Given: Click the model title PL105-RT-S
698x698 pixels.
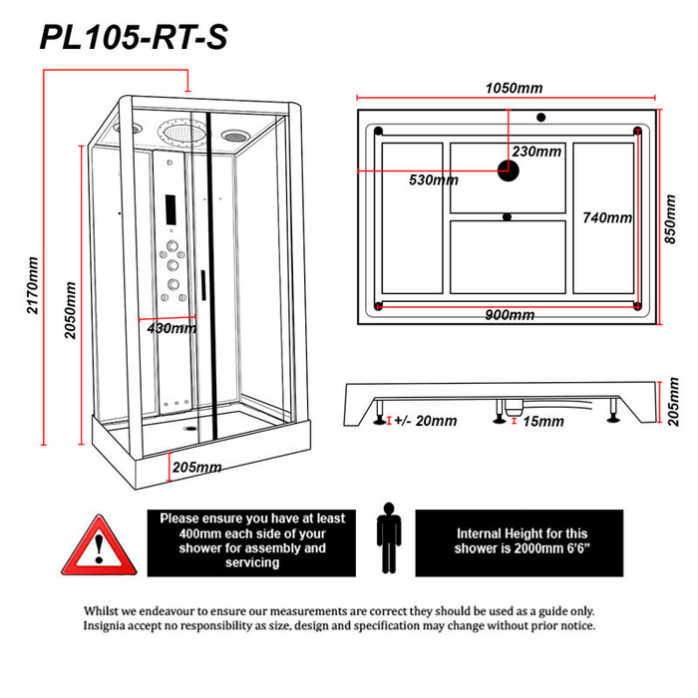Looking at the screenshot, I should (x=133, y=37).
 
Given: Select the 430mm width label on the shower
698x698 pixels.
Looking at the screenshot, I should (x=171, y=328).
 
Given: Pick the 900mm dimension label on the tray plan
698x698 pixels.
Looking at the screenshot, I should (x=510, y=315).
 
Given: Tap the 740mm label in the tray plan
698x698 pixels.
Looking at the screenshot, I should (x=607, y=218).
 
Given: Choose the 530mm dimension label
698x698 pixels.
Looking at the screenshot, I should (x=434, y=180).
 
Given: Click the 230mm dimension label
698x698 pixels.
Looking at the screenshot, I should (x=536, y=152).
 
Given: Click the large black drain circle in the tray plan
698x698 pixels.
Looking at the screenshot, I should (x=510, y=170).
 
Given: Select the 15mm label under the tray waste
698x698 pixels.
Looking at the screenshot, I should (x=542, y=422).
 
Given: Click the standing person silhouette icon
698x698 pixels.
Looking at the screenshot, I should (x=387, y=540).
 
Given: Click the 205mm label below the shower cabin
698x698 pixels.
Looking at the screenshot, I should (x=196, y=468).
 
